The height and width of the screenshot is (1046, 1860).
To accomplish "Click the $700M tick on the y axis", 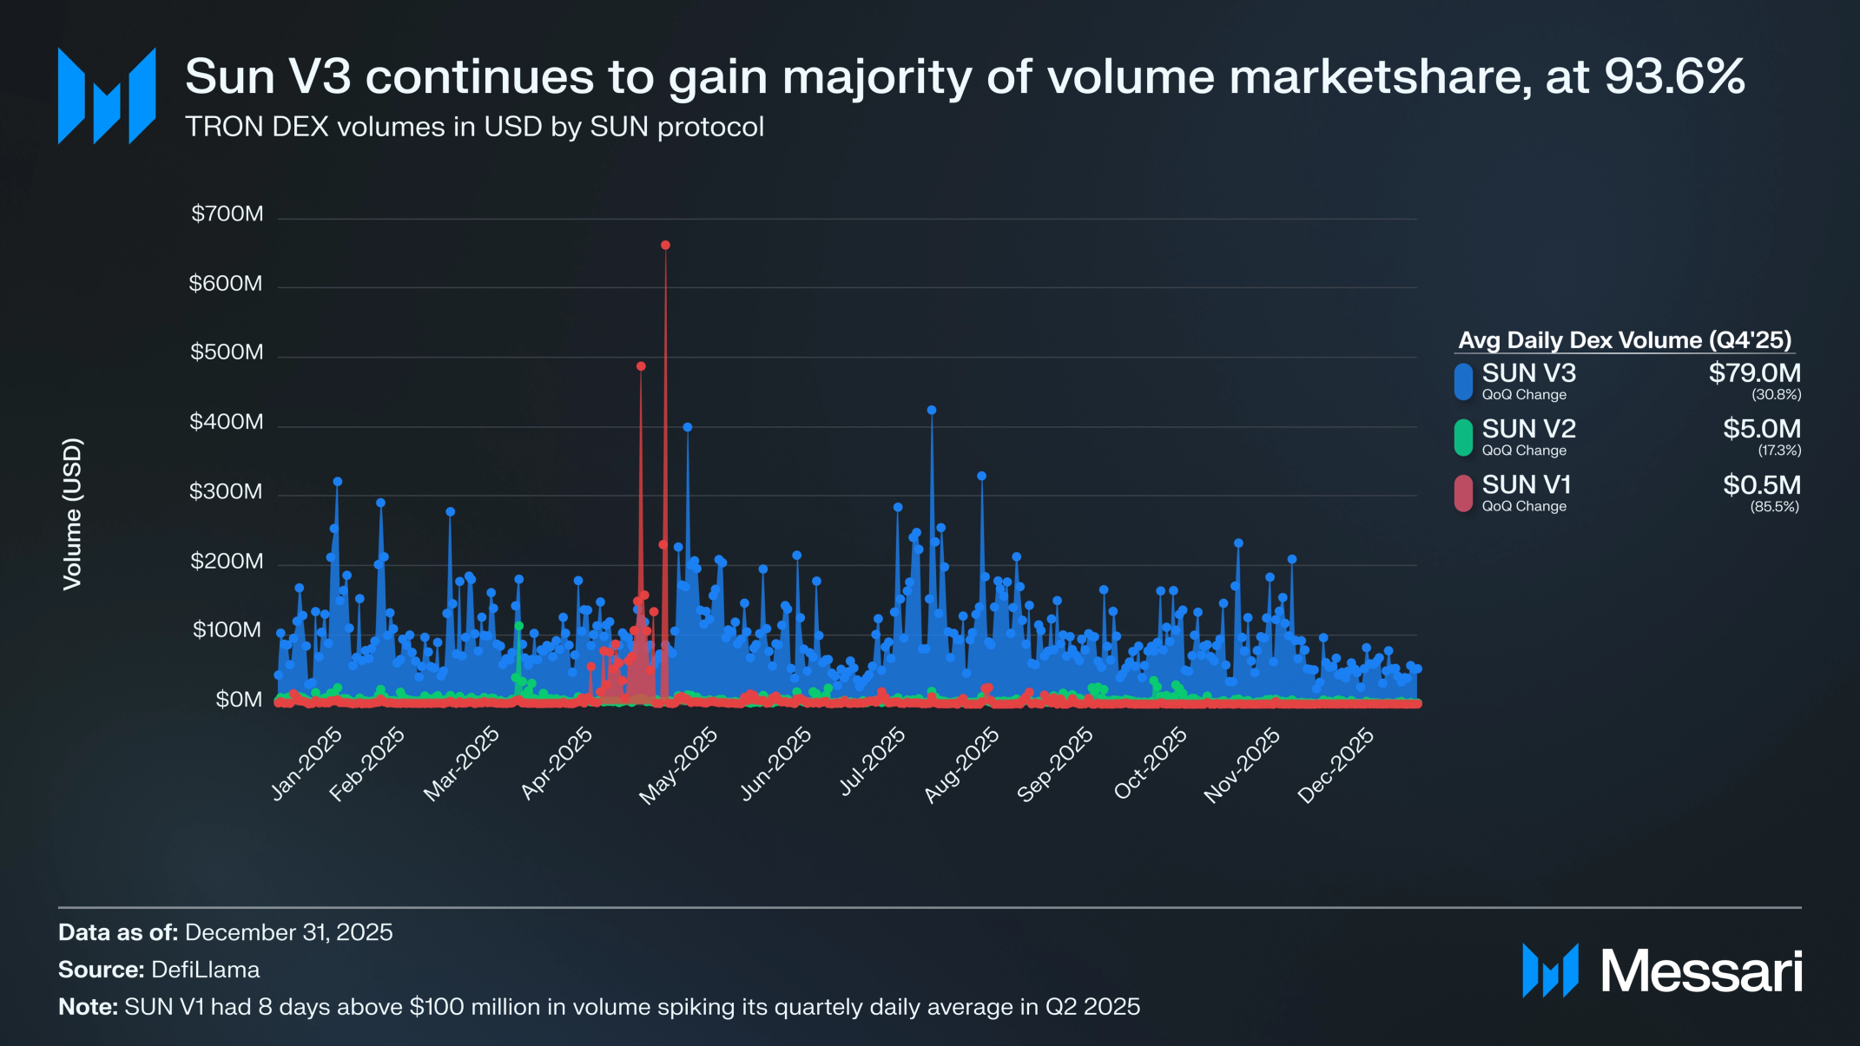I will [x=227, y=214].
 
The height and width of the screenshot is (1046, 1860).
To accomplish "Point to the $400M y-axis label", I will [x=226, y=422].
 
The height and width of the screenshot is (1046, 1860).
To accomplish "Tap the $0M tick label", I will [x=239, y=700].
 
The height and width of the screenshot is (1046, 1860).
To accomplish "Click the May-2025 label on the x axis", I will [x=679, y=765].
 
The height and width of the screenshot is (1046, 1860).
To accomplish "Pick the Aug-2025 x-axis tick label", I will [x=961, y=765].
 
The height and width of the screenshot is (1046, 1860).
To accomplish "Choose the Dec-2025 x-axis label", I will [x=1336, y=765].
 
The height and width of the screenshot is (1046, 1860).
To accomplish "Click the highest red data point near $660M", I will [x=665, y=246].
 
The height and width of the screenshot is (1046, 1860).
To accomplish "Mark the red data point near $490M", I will [x=641, y=366].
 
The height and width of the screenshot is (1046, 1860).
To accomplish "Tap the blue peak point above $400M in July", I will [x=932, y=410].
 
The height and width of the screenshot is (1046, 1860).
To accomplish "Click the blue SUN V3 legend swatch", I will [x=1463, y=381].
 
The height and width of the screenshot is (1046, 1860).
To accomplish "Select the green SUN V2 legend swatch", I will [x=1463, y=437].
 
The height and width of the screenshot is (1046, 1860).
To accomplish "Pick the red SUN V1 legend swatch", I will [x=1463, y=493].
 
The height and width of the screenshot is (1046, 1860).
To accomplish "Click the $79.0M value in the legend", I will [x=1754, y=373].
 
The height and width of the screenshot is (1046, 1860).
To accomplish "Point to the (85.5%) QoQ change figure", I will [x=1774, y=507].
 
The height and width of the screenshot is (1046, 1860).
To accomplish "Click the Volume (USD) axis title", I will [x=73, y=514].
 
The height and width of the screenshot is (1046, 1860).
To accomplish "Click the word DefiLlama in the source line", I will [x=205, y=970].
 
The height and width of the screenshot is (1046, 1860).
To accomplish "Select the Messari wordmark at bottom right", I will [x=1701, y=971].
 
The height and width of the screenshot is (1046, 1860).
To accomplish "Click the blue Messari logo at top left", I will [x=107, y=95].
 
